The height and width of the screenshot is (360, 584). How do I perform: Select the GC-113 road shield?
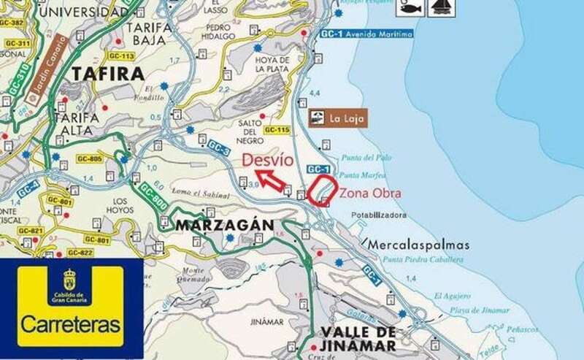coord(121,55)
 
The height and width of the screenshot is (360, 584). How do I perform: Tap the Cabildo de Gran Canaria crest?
coord(70,280)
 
